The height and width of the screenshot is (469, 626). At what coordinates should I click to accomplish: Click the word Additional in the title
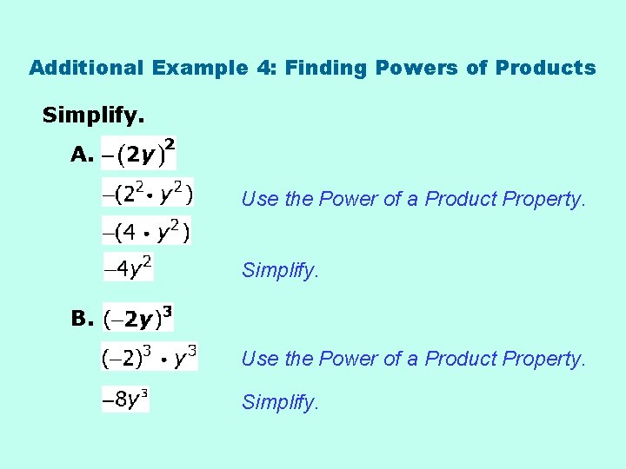pos(88,68)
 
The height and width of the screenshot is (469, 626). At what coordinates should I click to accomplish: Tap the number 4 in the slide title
pos(263,68)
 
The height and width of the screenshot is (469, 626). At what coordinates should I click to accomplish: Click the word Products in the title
pos(545,68)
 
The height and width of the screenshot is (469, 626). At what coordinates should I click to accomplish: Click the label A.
pos(82,155)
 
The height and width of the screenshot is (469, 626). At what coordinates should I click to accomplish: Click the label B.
pos(82,319)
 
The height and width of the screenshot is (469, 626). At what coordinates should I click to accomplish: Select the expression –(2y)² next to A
pos(139,154)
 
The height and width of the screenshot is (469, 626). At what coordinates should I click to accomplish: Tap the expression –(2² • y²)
pos(149,194)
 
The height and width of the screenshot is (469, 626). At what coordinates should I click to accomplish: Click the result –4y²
pos(129,268)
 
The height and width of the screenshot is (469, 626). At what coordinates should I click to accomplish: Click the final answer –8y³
pos(125,400)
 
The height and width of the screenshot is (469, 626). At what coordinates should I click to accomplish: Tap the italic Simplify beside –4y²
pos(281,271)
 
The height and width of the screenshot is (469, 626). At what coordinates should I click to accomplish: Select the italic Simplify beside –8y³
pos(281,403)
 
